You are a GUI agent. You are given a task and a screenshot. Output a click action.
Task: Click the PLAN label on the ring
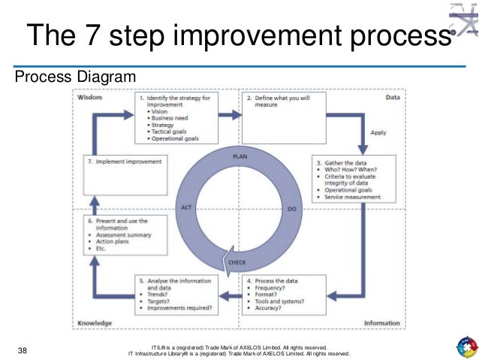coord(240,156)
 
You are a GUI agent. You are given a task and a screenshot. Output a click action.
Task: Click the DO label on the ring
coord(291,207)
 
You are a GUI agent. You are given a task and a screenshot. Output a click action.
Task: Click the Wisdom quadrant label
coord(89,98)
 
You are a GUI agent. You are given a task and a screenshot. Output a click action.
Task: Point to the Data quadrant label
coord(393,98)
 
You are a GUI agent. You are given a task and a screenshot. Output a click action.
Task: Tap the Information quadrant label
coord(382,323)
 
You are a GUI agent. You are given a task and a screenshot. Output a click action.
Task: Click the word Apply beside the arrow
coord(378,133)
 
